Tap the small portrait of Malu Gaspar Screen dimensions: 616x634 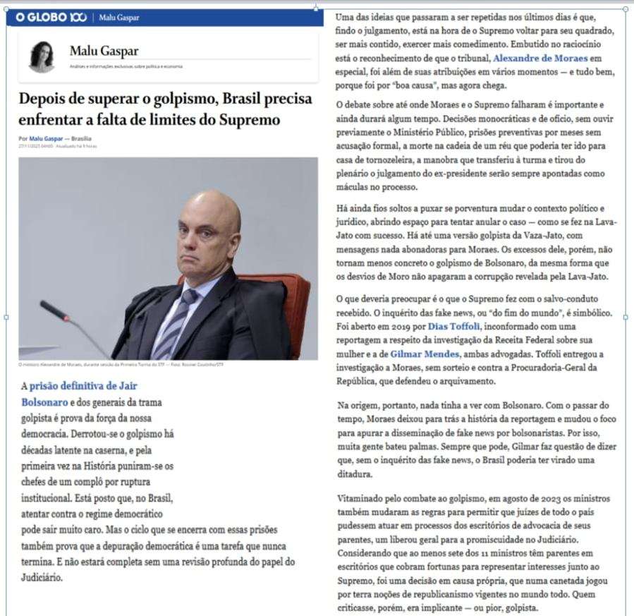[x=42, y=56]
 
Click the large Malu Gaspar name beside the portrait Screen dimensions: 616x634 [x=104, y=51]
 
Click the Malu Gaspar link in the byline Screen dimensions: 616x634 [x=45, y=139]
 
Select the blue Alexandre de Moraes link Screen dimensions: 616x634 [x=547, y=58]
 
